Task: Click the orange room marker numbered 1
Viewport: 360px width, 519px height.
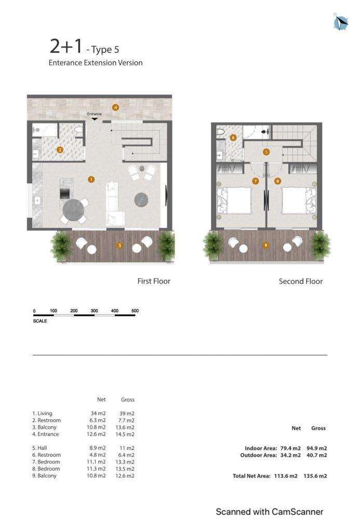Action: (x=91, y=180)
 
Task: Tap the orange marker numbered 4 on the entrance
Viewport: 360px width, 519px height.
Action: (x=115, y=107)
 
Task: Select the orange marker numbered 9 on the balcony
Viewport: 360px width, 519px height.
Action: (x=265, y=245)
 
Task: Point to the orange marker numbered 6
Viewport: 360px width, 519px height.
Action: (x=233, y=138)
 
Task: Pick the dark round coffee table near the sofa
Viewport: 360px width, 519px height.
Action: (x=141, y=200)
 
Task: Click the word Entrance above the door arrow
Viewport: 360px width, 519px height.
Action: (x=95, y=114)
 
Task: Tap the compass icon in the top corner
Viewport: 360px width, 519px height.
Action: (x=340, y=22)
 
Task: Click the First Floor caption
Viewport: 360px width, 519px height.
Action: (x=154, y=281)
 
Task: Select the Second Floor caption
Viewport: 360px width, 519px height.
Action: (x=301, y=281)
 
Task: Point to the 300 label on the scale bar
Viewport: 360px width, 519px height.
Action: (x=95, y=311)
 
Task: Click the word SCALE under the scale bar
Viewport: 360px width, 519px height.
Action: (x=40, y=321)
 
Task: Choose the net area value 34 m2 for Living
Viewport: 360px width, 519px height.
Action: (x=98, y=414)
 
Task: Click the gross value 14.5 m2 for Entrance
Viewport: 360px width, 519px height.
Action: (x=125, y=434)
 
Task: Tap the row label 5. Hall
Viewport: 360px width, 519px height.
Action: (x=40, y=448)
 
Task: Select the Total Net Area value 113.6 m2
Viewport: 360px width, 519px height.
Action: (x=286, y=476)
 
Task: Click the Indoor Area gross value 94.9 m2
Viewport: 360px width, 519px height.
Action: (x=316, y=448)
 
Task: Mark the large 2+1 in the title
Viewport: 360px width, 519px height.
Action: (x=66, y=46)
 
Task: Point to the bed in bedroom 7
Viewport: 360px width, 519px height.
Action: (x=233, y=200)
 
